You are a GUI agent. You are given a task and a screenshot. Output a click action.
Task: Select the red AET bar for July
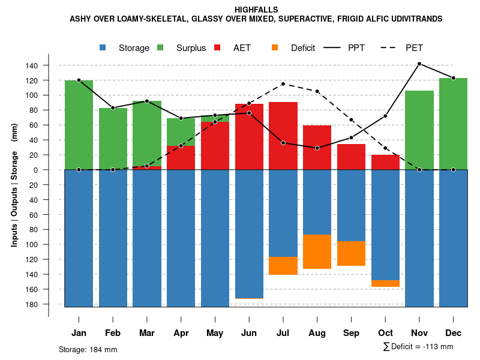(283, 136)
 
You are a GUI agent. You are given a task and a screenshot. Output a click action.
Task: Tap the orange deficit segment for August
(317, 251)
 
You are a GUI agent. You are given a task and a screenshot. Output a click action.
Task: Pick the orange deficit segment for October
(385, 283)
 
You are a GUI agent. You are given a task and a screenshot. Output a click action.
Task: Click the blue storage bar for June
(249, 234)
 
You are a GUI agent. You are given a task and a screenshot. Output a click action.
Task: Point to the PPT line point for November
(419, 64)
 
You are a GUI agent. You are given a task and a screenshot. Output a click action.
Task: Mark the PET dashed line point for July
(283, 84)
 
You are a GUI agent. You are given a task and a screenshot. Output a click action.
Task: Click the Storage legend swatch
(103, 47)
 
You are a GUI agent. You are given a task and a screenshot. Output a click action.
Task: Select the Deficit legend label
(303, 48)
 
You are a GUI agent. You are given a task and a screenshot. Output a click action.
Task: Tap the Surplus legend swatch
(161, 47)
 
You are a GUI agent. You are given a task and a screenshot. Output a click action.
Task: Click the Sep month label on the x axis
(351, 333)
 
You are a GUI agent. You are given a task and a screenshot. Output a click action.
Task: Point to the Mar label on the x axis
(147, 333)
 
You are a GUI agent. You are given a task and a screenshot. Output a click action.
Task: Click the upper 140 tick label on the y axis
(49, 65)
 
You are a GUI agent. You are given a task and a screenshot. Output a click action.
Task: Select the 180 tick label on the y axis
(49, 304)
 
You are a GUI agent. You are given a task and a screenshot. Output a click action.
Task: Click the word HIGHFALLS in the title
(256, 10)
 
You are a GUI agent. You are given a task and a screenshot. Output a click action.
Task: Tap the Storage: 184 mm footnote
(88, 349)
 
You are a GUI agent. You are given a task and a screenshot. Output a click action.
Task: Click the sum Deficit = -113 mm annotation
(418, 347)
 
